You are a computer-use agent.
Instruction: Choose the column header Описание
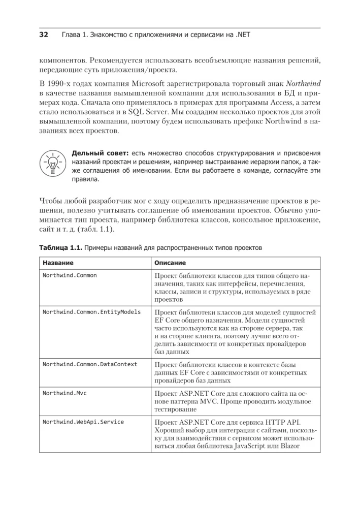tap(170, 263)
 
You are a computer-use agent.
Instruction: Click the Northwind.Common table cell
tap(70, 275)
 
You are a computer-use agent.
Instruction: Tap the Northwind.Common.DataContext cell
tap(90, 364)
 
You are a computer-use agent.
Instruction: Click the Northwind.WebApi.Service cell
tap(83, 422)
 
